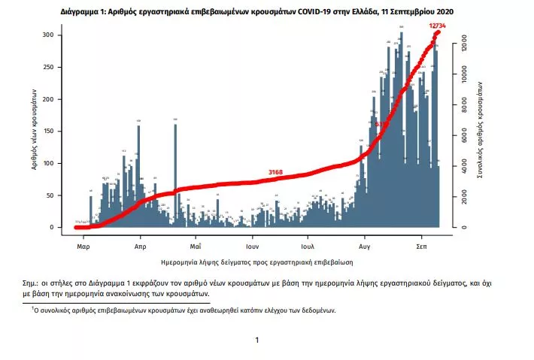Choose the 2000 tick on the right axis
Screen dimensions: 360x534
pyautogui.click(x=464, y=197)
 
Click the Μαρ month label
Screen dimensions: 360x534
pyautogui.click(x=83, y=246)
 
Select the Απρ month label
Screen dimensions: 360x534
pyautogui.click(x=139, y=246)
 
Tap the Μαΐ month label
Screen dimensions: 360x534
pyautogui.click(x=195, y=246)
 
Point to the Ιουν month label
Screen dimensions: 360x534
pyautogui.click(x=251, y=246)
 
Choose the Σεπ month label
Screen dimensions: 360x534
pyautogui.click(x=423, y=246)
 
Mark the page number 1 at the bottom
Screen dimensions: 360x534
pyautogui.click(x=257, y=340)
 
